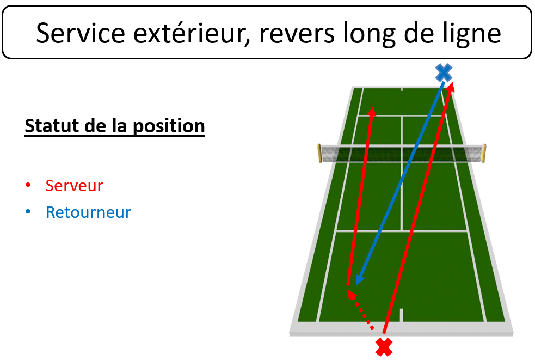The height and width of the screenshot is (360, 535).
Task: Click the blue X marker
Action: (444, 72)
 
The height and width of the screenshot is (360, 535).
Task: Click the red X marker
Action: (384, 347)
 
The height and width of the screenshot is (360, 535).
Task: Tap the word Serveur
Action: (74, 186)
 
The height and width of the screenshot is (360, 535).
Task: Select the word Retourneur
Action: (88, 212)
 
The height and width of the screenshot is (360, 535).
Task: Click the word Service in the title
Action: (81, 33)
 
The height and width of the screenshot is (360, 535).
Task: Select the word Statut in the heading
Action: (52, 126)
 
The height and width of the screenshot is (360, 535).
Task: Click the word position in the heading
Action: (169, 126)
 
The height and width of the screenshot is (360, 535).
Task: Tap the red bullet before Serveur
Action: (28, 185)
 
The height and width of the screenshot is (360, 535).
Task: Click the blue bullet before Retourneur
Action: (28, 212)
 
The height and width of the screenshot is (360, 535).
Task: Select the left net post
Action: (319, 154)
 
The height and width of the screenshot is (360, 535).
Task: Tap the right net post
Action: (484, 154)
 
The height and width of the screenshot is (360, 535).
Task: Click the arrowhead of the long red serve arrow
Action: (451, 87)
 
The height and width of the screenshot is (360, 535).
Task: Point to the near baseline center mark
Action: (401, 315)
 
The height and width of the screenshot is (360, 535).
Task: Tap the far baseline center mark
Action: (402, 89)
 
